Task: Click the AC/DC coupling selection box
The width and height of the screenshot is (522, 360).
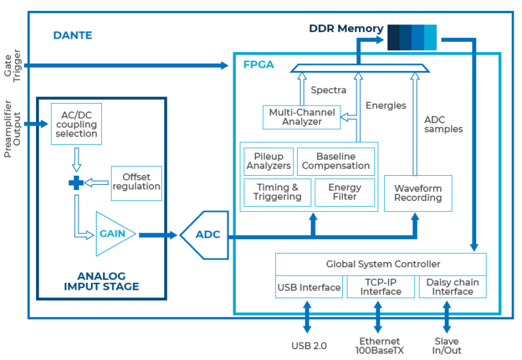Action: [75, 124]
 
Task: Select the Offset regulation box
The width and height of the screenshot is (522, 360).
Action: [136, 182]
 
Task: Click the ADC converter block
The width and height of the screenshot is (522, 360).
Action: [204, 234]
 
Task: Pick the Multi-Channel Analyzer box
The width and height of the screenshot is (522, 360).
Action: [301, 117]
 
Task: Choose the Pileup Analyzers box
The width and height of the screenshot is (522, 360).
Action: [269, 161]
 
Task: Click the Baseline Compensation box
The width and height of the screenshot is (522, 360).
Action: [336, 161]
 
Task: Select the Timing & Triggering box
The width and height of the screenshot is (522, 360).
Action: [277, 192]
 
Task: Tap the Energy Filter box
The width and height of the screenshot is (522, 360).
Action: [345, 192]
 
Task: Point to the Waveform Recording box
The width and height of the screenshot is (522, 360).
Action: [418, 193]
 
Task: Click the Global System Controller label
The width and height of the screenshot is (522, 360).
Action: [383, 264]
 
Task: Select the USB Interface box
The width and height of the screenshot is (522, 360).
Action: [309, 287]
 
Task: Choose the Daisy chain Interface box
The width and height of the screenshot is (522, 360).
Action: [452, 287]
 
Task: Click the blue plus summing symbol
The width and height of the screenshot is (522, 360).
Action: [76, 183]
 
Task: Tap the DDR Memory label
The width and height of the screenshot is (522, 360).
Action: [346, 29]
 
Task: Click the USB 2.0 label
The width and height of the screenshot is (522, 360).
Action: [309, 345]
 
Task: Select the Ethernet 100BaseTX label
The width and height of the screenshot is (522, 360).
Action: [381, 345]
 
